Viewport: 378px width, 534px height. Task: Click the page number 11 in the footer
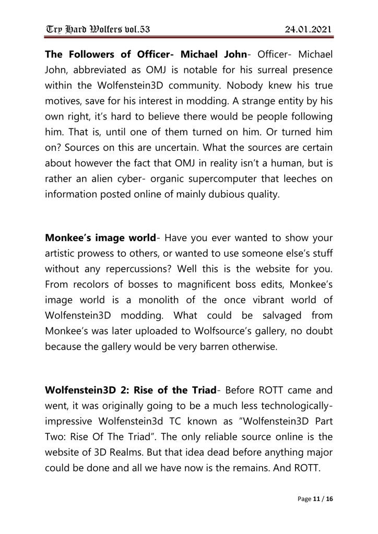pyautogui.click(x=316, y=499)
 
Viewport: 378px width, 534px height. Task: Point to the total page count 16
pyautogui.click(x=329, y=499)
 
